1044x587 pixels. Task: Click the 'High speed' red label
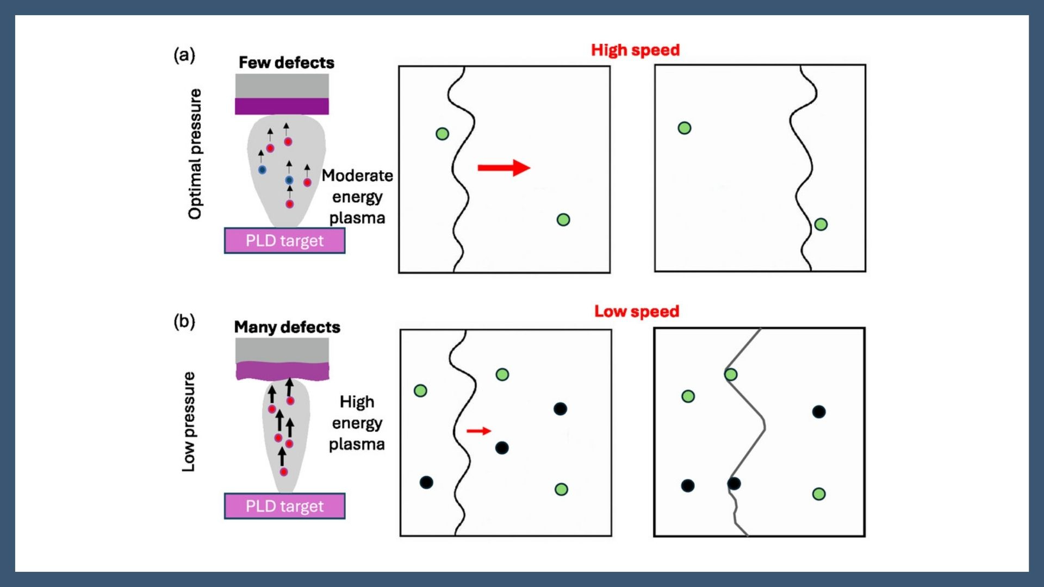coord(635,50)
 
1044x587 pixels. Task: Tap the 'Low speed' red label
coord(636,311)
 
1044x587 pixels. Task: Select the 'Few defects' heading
coord(287,63)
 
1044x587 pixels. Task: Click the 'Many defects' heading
coord(287,327)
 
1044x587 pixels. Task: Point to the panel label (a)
coord(184,55)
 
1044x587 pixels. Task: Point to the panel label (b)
coord(184,321)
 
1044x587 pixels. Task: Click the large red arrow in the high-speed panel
coord(504,167)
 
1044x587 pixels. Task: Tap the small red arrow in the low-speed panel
coord(478,431)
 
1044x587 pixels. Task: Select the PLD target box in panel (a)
coord(284,241)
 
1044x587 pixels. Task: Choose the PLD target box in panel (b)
coord(284,506)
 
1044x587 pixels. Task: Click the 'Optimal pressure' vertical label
coord(195,154)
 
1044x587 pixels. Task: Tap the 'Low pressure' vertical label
coord(188,422)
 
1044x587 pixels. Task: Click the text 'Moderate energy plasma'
coord(357,197)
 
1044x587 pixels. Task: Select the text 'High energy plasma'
coord(357,423)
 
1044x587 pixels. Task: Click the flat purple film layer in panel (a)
coord(282,106)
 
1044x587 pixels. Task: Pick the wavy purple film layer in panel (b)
coord(282,371)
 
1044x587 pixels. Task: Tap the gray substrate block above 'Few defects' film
coord(282,86)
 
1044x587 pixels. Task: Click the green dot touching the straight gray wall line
coord(731,374)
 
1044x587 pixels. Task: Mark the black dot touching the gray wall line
coord(734,483)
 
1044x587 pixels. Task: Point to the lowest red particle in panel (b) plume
coord(284,472)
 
